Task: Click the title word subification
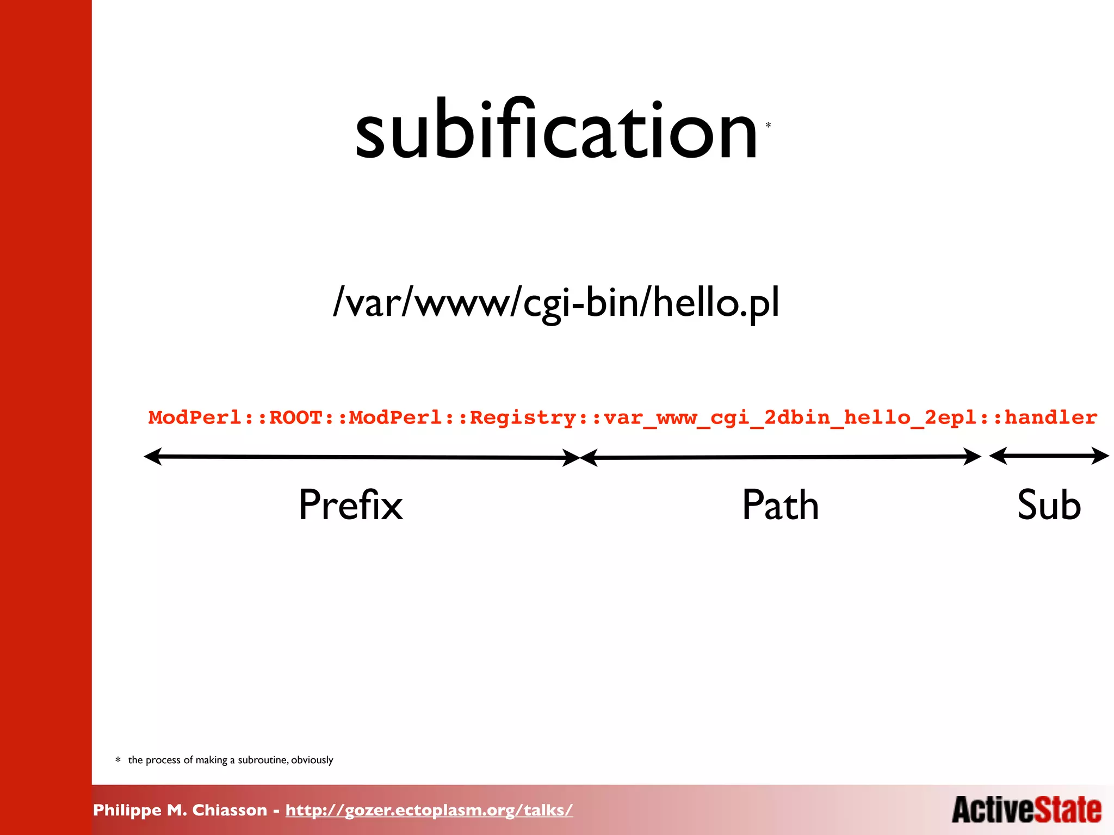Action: (556, 130)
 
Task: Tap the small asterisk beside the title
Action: (768, 126)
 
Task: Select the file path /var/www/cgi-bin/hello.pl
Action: (556, 302)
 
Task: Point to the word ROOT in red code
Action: (296, 417)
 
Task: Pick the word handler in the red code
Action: (1050, 417)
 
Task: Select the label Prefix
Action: (351, 505)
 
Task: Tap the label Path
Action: (780, 505)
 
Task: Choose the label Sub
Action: (1049, 505)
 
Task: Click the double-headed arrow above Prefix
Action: (362, 457)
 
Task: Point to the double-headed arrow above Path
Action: (781, 457)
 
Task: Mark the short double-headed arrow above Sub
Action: (1049, 456)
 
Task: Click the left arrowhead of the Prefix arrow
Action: (152, 457)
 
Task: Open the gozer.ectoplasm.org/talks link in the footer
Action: (429, 810)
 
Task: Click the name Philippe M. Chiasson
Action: (180, 810)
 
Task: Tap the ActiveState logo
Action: (1026, 810)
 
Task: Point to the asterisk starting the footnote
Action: (118, 760)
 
